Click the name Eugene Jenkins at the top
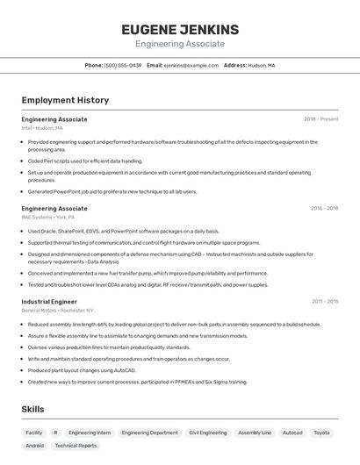point(179,30)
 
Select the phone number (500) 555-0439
point(123,65)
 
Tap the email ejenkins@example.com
point(191,65)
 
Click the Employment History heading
point(65,100)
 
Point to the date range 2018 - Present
point(320,118)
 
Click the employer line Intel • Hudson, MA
point(42,128)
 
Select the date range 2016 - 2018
point(324,209)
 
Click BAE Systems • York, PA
point(48,218)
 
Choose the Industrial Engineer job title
point(49,301)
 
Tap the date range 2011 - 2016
point(324,301)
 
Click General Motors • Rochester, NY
point(57,310)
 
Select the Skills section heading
point(33,410)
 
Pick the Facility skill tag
point(34,433)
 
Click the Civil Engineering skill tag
point(208,433)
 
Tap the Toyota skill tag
point(321,433)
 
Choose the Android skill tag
point(35,446)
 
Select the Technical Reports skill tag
point(76,446)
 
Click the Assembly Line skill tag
point(255,433)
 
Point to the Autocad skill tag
point(292,433)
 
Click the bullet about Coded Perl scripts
point(85,161)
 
